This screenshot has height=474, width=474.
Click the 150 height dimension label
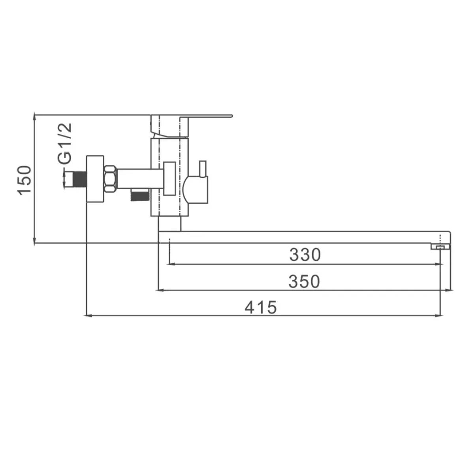pos(24,180)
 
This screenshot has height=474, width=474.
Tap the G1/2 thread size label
pos(65,143)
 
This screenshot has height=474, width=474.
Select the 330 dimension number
pos(305,255)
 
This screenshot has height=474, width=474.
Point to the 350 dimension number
pos(304,282)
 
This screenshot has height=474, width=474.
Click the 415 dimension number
pos(261,307)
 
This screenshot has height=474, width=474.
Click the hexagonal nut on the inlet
pos(110,179)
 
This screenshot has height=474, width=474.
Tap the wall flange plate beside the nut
pos(95,179)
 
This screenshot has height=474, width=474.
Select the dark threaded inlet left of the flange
pos(80,179)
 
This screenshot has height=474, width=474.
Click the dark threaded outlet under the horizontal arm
pos(139,195)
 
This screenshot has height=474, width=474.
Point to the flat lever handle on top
pos(192,126)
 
